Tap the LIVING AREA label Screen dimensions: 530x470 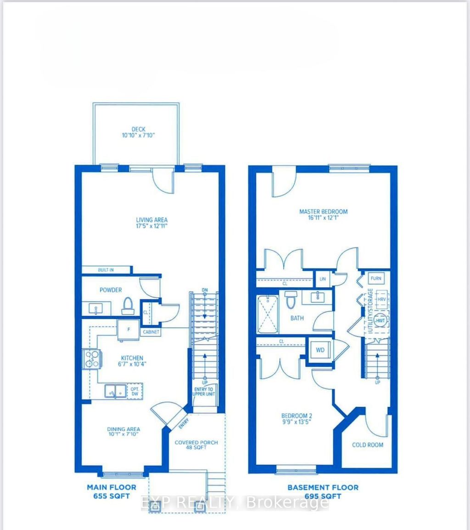pyautogui.click(x=151, y=220)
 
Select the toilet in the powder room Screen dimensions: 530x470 pyautogui.click(x=128, y=306)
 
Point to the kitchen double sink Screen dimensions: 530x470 pyautogui.click(x=115, y=391)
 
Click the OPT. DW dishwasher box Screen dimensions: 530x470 pyautogui.click(x=135, y=390)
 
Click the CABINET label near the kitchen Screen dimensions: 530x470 pyautogui.click(x=151, y=331)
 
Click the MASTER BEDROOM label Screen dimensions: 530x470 pyautogui.click(x=323, y=212)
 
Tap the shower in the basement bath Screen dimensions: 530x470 pyautogui.click(x=267, y=314)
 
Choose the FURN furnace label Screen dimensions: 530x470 pyautogui.click(x=376, y=279)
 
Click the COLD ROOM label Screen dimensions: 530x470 pyautogui.click(x=367, y=445)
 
